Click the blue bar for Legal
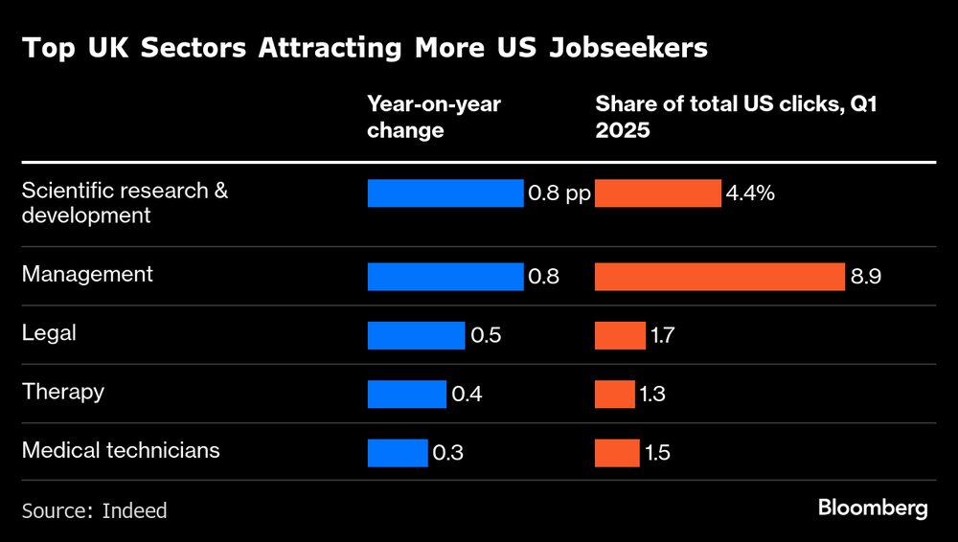(417, 335)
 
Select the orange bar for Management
(719, 277)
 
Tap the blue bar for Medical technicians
(398, 452)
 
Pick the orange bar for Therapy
(614, 394)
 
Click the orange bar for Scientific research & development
(657, 193)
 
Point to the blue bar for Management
(445, 277)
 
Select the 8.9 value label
(865, 277)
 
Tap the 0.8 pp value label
(559, 193)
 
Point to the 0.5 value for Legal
(486, 335)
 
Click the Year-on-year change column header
(434, 117)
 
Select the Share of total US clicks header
(737, 117)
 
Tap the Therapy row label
(63, 391)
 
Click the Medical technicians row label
(121, 449)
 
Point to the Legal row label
(49, 332)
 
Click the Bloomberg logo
(873, 508)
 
